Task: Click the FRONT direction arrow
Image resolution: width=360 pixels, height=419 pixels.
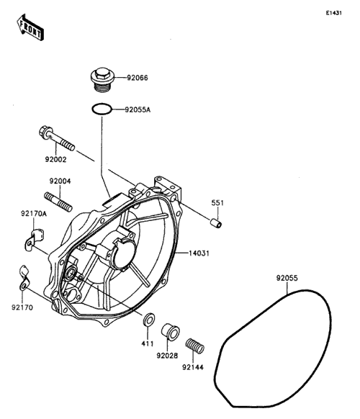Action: (x=30, y=27)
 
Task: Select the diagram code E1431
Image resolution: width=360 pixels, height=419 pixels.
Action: (x=333, y=13)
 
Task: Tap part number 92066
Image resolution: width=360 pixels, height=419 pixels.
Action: (x=137, y=78)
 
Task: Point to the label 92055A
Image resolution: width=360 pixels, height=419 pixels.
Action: (x=138, y=109)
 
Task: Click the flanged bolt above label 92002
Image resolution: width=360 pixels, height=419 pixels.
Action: (x=57, y=138)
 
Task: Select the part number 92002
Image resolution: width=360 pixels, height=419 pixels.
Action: (x=55, y=159)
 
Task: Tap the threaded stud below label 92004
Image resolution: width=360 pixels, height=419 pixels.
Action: (x=58, y=202)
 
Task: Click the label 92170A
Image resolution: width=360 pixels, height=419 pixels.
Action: (x=34, y=214)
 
